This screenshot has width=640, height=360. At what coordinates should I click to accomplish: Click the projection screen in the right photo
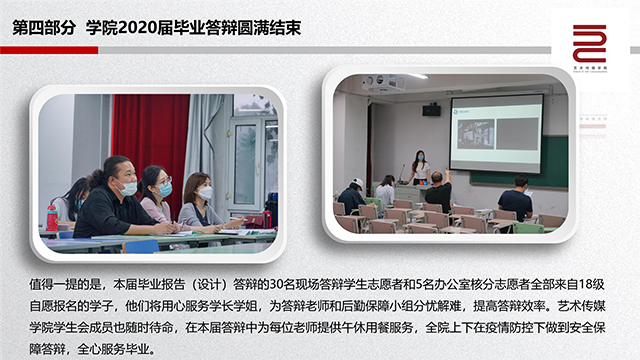coord(495,133)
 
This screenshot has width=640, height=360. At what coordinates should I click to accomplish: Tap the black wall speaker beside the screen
coord(431,109)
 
